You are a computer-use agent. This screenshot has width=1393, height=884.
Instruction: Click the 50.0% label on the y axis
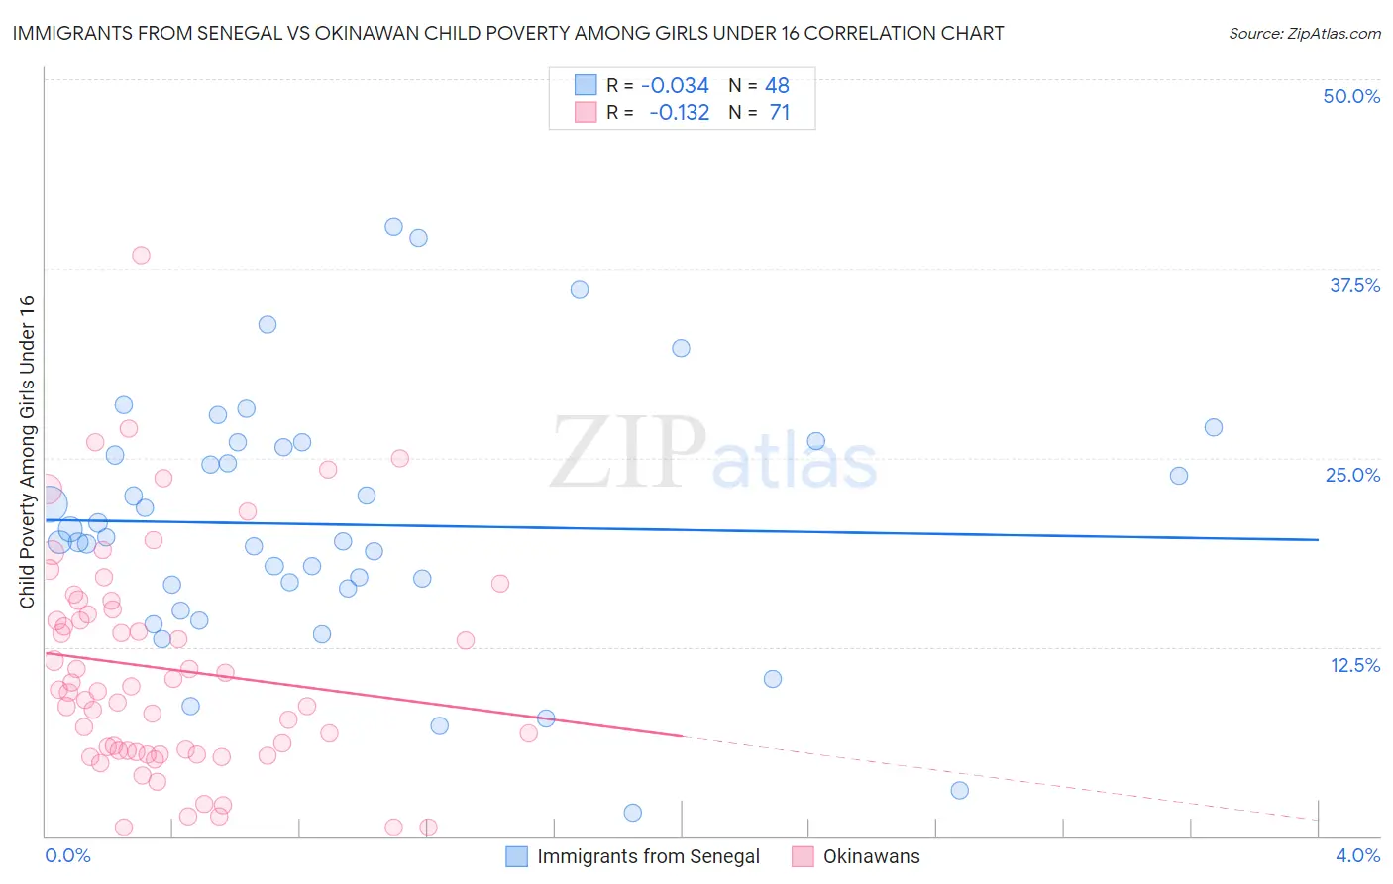[x=1351, y=96]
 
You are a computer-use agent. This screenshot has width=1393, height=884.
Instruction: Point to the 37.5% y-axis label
[x=1354, y=285]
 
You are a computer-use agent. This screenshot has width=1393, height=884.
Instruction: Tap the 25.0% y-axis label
[x=1352, y=475]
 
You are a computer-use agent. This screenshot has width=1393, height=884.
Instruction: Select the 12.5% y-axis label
[x=1354, y=665]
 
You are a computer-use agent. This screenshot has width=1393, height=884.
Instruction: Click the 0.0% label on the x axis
[x=67, y=855]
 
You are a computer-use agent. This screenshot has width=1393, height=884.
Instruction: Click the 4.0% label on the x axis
[x=1357, y=855]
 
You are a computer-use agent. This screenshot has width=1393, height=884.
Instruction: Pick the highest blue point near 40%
[x=393, y=227]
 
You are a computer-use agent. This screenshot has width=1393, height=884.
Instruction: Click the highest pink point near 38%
[x=141, y=255]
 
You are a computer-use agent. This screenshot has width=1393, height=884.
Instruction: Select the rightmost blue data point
[x=1213, y=427]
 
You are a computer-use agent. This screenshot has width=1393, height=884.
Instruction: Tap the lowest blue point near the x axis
[x=632, y=813]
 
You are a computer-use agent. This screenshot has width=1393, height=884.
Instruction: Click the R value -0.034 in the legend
[x=675, y=86]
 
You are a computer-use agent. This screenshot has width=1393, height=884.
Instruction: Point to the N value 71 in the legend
[x=779, y=113]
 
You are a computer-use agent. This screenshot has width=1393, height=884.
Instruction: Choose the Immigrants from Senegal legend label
[x=648, y=856]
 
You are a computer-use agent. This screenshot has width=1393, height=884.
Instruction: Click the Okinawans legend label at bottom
[x=871, y=856]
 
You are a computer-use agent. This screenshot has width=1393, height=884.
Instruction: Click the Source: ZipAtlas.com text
[x=1304, y=33]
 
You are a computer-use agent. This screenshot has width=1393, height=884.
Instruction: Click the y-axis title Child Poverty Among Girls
[x=27, y=452]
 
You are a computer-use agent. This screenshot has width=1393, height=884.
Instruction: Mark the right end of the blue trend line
[x=1318, y=539]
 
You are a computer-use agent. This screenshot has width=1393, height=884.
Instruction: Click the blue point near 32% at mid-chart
[x=681, y=348]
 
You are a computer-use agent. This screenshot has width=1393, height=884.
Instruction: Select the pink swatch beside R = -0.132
[x=586, y=112]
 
